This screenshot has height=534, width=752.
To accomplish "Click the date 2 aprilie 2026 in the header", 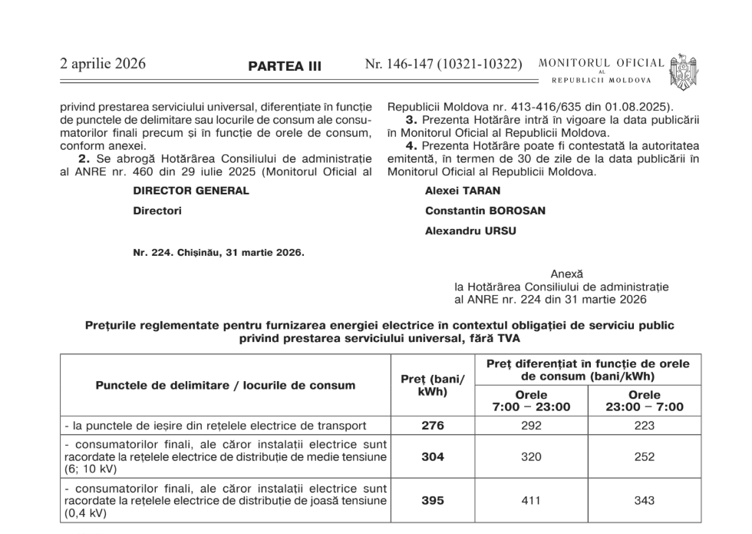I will [103, 65].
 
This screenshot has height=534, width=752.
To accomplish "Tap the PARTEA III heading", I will [285, 67].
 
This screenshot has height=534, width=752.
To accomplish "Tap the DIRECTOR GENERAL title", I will [191, 191].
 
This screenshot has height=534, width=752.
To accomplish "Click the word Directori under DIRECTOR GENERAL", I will [157, 211].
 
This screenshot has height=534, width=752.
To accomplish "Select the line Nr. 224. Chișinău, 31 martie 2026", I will [219, 252].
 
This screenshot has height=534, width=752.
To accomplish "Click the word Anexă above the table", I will [566, 274].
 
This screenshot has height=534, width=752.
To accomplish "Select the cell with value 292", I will [531, 425].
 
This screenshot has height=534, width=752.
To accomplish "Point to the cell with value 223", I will [645, 425].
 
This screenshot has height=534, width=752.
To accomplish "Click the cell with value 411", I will [531, 500].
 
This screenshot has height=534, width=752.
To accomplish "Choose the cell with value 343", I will [645, 500].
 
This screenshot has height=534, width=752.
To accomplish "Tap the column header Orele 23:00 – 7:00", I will [645, 400].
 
